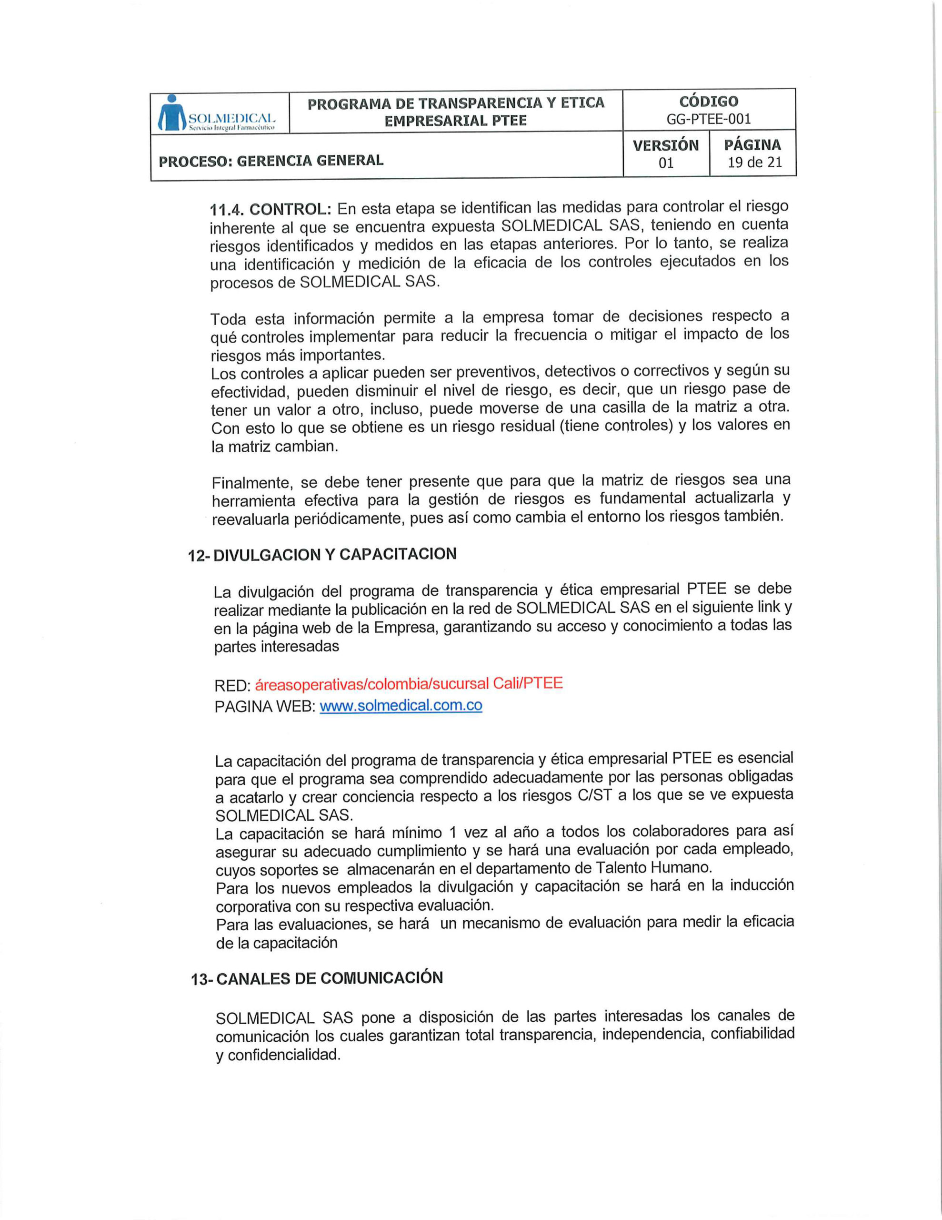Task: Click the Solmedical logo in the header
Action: pos(217,113)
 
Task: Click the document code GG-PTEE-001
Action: pos(709,119)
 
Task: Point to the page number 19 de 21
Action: pos(754,163)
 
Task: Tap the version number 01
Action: pos(666,163)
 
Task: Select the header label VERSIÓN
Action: pos(666,145)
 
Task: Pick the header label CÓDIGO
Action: pos(709,101)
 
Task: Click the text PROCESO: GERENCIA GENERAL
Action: pos(271,161)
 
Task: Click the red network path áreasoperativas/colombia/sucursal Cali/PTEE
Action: pos(408,684)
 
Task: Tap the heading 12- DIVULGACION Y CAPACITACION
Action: pos(322,555)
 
